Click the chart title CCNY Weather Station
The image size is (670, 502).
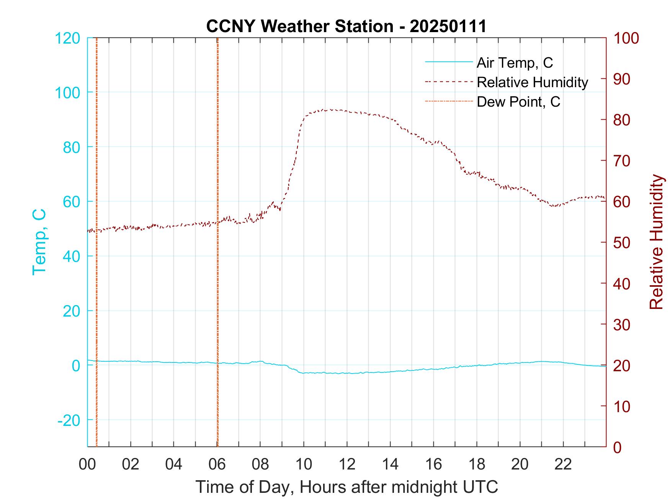click(x=346, y=26)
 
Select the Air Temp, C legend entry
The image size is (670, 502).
click(x=515, y=62)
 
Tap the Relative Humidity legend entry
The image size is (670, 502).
click(x=532, y=82)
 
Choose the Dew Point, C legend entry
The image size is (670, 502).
click(x=518, y=102)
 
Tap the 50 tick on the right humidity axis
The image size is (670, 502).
click(x=621, y=243)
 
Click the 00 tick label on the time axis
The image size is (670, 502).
click(x=87, y=465)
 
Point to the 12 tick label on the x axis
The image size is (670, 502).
click(x=347, y=465)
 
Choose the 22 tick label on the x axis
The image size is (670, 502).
click(x=563, y=465)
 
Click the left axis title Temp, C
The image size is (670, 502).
click(x=39, y=242)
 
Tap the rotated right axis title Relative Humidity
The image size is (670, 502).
click(x=656, y=242)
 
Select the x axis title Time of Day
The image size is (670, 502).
click(x=347, y=487)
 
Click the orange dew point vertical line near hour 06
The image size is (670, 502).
click(x=217, y=268)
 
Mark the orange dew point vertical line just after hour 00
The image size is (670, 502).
click(x=96, y=268)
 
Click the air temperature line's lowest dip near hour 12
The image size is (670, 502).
click(x=346, y=373)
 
